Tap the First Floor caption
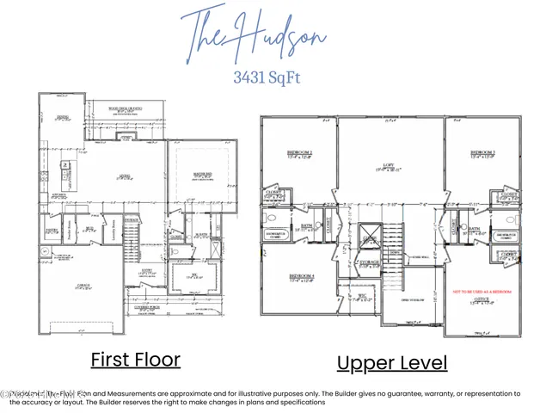(x=136, y=359)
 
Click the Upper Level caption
(x=391, y=362)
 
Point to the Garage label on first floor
(x=84, y=287)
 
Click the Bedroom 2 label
(x=298, y=155)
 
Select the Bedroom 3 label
(x=482, y=155)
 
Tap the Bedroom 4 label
(x=298, y=277)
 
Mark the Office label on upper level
(x=482, y=300)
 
